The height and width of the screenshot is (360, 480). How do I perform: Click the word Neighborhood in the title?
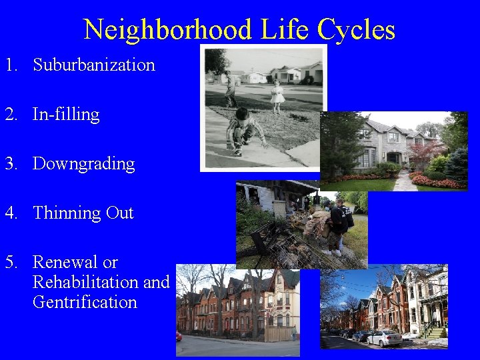tap(168, 30)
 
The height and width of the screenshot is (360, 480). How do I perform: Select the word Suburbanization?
tap(94, 65)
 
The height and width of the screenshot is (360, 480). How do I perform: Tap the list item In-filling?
tap(66, 115)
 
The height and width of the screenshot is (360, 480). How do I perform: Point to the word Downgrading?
tap(83, 164)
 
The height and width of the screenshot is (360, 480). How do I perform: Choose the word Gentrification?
tap(85, 302)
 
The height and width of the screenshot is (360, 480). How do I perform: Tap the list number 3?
tap(10, 164)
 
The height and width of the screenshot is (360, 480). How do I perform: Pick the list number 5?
tap(10, 262)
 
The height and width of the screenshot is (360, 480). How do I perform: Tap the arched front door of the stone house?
tap(391, 158)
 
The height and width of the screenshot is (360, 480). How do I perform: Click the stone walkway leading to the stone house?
tap(404, 181)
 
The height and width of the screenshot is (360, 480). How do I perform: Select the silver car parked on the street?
tap(383, 338)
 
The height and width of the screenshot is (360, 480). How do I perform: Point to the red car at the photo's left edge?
tap(179, 336)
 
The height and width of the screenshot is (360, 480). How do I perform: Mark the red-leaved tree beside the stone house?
tap(426, 151)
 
